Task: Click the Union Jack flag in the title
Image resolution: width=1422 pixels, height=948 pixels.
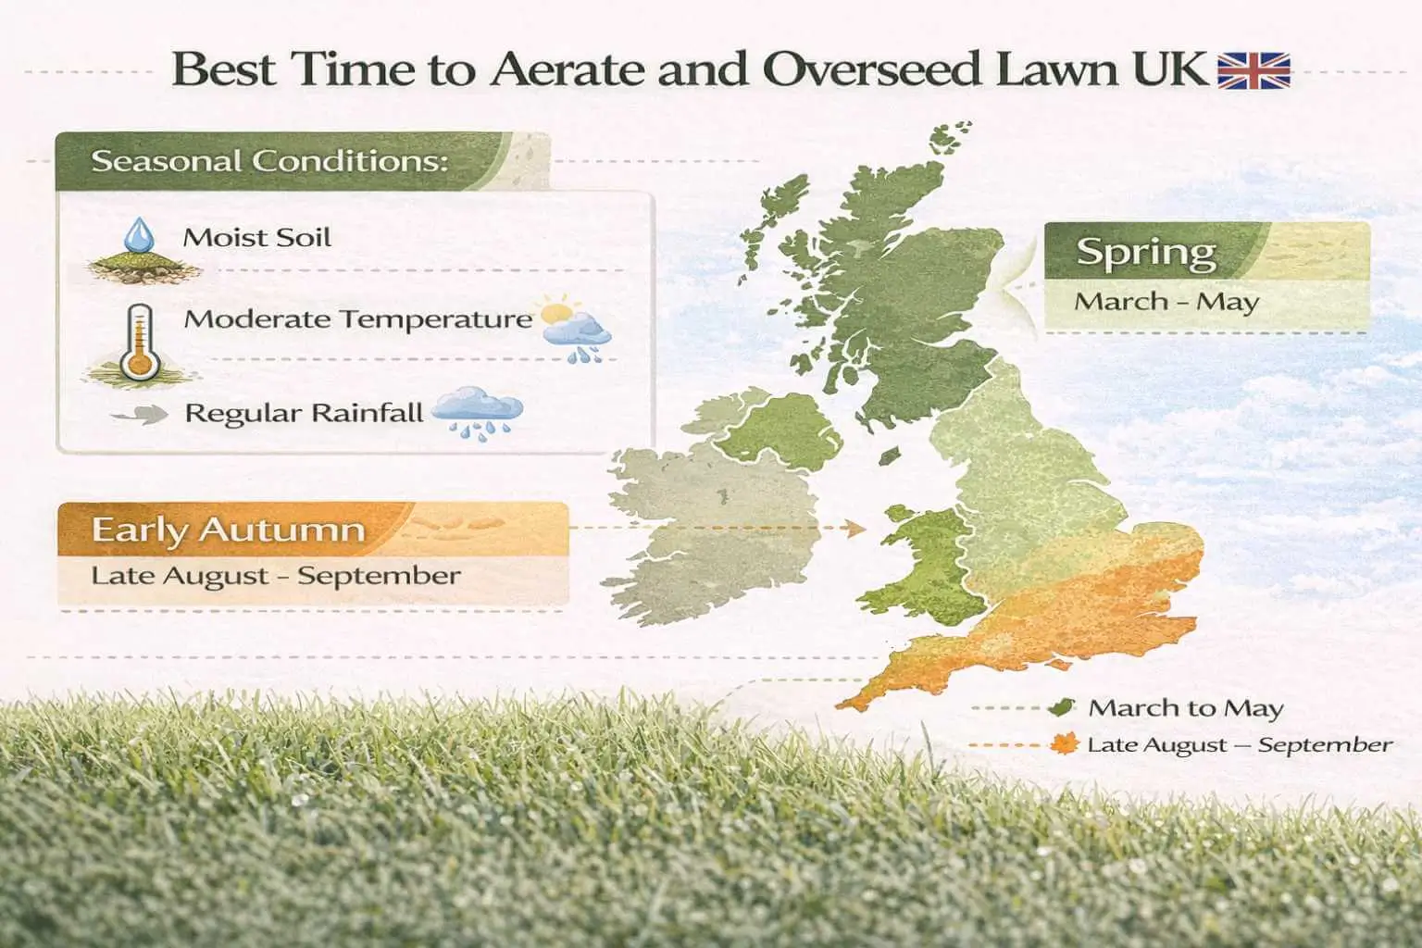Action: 1254,70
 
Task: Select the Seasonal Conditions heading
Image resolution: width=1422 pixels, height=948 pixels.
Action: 269,161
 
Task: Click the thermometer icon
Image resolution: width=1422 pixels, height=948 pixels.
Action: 140,343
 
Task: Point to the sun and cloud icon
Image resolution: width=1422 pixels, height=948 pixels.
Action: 575,330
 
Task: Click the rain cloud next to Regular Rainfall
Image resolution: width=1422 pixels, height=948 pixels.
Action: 478,413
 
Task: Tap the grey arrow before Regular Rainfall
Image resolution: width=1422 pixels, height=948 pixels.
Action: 140,416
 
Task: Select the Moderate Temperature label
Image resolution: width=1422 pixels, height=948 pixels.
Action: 357,319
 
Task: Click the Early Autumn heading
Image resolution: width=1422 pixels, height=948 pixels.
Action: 228,530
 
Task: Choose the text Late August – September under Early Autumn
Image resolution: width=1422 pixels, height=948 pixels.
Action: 276,575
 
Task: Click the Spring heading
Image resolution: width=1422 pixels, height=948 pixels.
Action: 1146,252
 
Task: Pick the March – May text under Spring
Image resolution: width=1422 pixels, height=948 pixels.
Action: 1166,302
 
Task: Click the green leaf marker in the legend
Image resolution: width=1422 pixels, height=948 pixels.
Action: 1063,708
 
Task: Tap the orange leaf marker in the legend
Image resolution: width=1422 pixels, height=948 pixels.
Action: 1065,744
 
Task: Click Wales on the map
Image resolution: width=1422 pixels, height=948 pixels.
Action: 926,565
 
